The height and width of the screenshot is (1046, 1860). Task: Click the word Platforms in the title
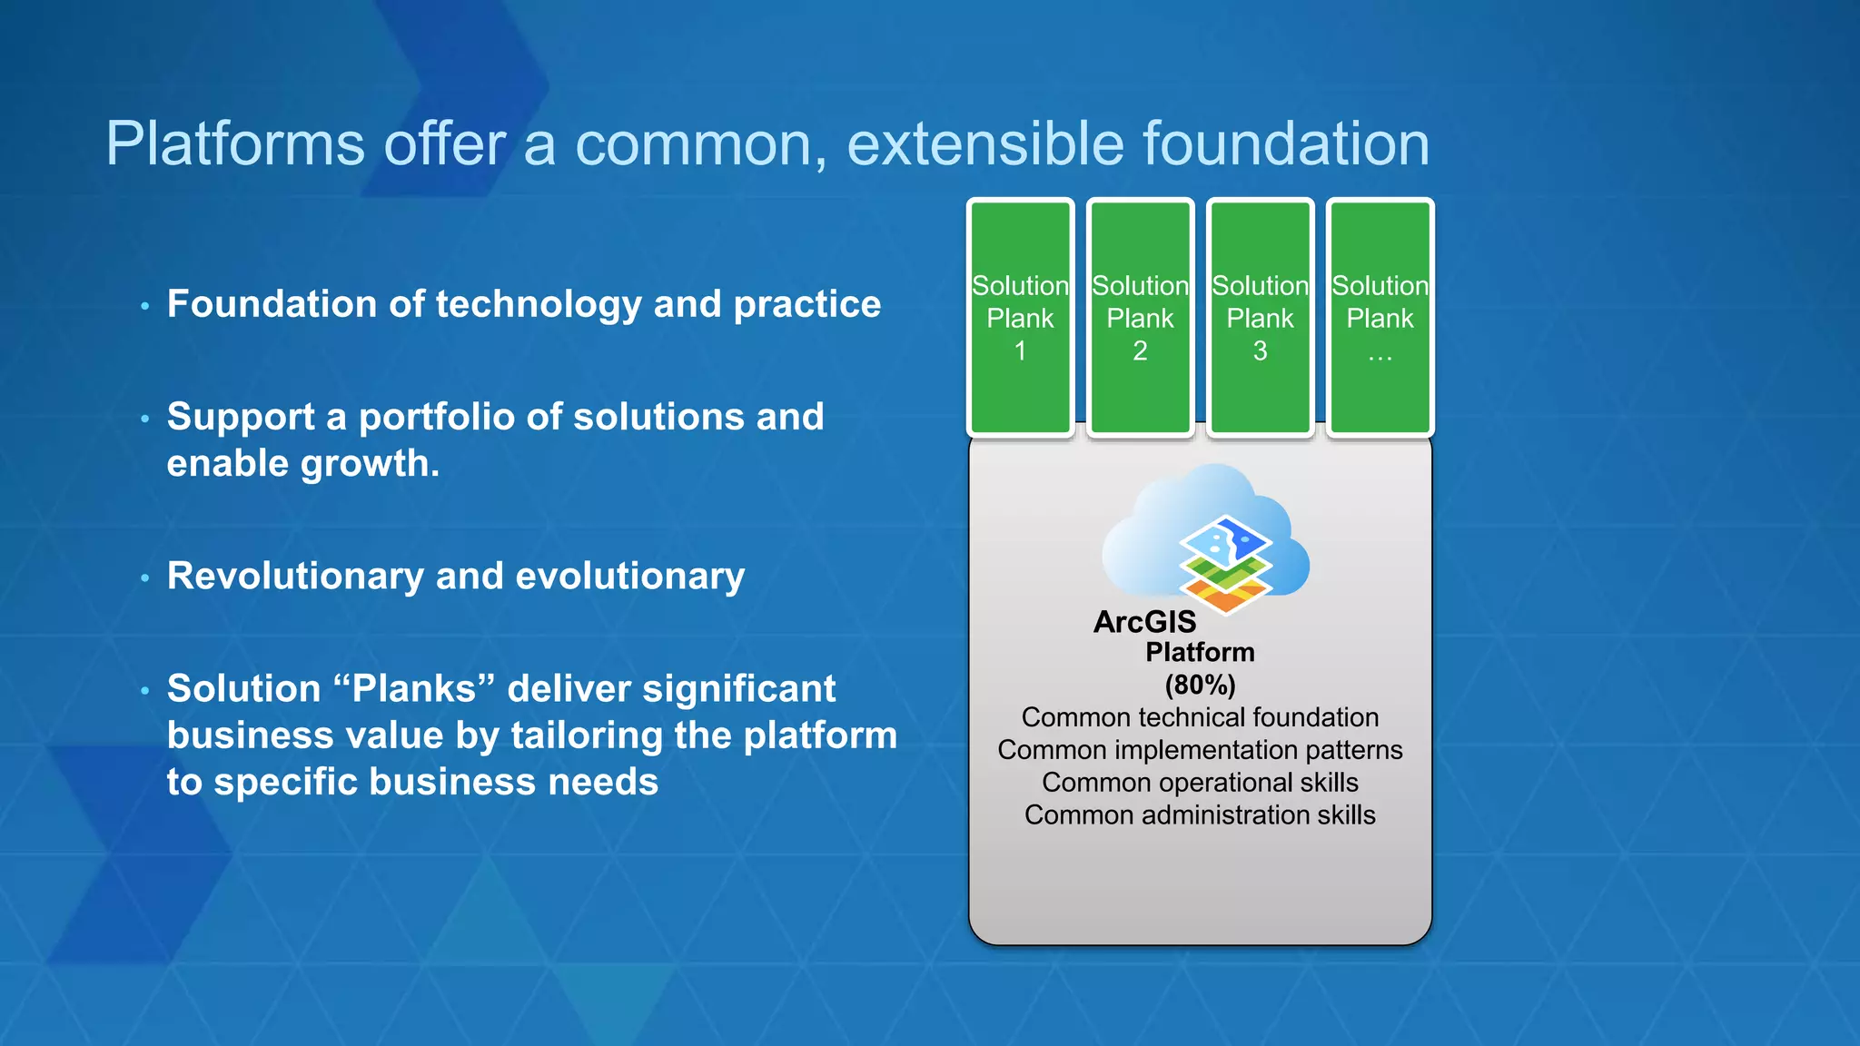(x=234, y=143)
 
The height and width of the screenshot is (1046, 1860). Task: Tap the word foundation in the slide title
(x=1285, y=143)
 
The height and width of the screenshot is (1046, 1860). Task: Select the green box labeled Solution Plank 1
(x=1020, y=318)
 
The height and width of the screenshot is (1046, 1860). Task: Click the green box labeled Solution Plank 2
(x=1140, y=318)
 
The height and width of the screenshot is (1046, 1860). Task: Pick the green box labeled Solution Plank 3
(x=1260, y=318)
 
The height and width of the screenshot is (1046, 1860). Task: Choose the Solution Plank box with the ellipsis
(x=1380, y=318)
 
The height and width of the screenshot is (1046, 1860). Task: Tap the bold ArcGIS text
(x=1144, y=622)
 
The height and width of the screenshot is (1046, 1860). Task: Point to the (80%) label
(x=1200, y=685)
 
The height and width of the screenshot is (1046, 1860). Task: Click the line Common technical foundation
(x=1200, y=717)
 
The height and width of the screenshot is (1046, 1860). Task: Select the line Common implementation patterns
(x=1200, y=750)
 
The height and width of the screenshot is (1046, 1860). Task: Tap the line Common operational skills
(x=1200, y=783)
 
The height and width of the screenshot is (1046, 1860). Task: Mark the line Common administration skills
(x=1200, y=815)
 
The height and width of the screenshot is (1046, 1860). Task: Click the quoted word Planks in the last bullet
(x=414, y=688)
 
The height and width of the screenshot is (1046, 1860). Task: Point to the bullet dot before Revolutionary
(x=144, y=578)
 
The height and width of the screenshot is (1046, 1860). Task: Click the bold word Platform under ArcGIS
(x=1200, y=652)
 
